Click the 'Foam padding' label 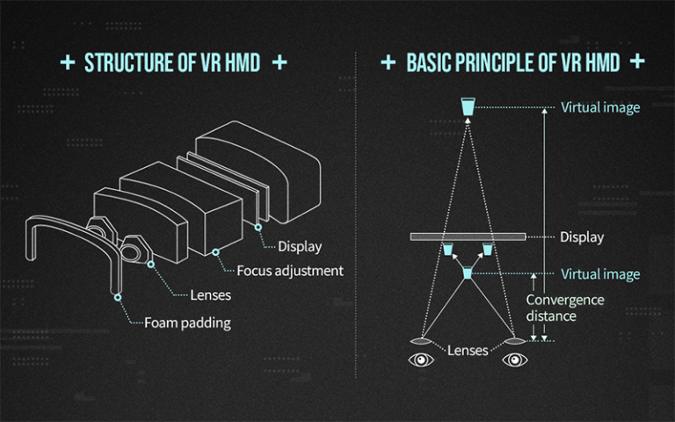click(x=187, y=323)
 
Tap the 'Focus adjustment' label click(x=290, y=271)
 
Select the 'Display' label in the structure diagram click(x=300, y=246)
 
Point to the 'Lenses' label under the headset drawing click(x=211, y=295)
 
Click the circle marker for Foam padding click(x=118, y=297)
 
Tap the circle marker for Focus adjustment click(x=215, y=252)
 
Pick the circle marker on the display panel click(x=258, y=227)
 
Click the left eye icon click(x=421, y=359)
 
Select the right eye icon click(x=515, y=359)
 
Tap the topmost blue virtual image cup click(x=468, y=106)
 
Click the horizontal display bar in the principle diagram click(x=468, y=236)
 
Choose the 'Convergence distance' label click(x=565, y=308)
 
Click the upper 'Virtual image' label click(x=600, y=107)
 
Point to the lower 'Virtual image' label click(x=600, y=274)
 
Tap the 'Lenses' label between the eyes click(x=468, y=351)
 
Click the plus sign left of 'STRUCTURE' click(x=68, y=62)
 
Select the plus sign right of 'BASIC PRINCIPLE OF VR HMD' click(x=637, y=62)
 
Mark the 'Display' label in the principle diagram click(x=582, y=236)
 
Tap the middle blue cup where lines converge click(x=468, y=273)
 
